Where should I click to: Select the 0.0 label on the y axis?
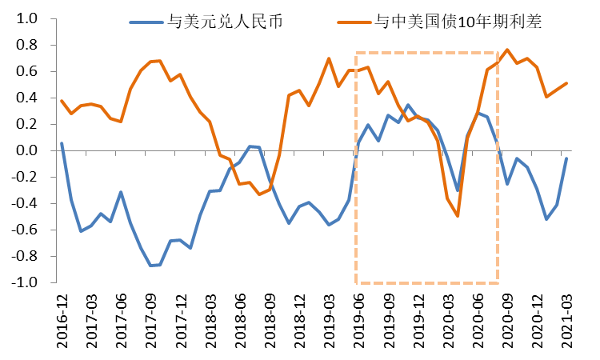(x=26, y=150)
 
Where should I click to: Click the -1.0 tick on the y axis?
(x=24, y=282)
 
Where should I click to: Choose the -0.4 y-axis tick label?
(x=24, y=203)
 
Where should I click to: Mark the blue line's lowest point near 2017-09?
(x=150, y=266)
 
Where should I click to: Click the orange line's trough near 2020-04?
(x=458, y=216)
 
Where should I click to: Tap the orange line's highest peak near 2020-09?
(x=507, y=50)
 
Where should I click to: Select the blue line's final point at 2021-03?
(x=567, y=158)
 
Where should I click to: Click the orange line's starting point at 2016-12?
(x=62, y=101)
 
